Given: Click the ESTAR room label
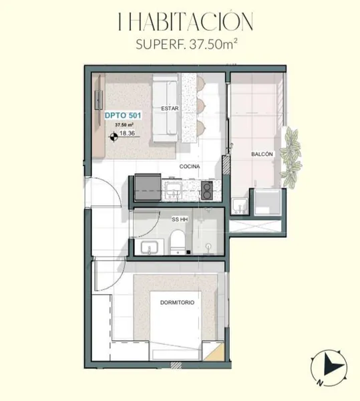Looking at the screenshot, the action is coord(170,108).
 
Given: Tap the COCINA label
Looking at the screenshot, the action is coord(190,166).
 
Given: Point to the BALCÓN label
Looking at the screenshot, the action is coord(262,154).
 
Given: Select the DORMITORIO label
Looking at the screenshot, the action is coord(177,303).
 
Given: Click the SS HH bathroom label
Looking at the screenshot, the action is coord(180,219).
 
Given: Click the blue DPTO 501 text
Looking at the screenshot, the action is coord(123,116).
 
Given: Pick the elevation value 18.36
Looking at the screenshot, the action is coord(128,133).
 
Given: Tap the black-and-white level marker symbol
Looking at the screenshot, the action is coord(114,137).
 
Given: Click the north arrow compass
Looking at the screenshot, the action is coord(329,367).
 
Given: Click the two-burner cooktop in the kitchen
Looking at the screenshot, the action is coord(207,190).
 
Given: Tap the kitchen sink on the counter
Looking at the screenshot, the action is coord(174,190).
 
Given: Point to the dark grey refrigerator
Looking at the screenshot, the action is coord(148,187).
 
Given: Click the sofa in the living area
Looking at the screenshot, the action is coord(166,108).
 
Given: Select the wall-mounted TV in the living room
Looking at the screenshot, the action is coord(99,100).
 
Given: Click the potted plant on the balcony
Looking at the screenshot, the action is coord(291,158).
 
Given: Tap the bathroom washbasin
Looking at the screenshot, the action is coord(150,248).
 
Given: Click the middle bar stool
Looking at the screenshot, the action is coord(200,105).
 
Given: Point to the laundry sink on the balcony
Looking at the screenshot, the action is coord(239,206).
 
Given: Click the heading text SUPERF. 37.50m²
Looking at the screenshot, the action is coord(187,44).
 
